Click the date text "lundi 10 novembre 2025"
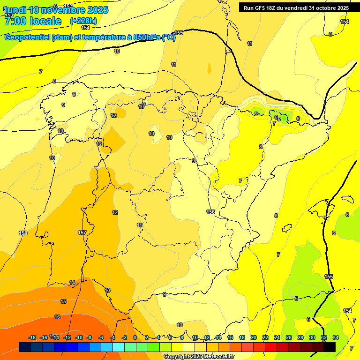pos(56,10)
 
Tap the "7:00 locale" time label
pos(33,21)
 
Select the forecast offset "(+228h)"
pos(83,21)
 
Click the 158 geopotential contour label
pos(23,233)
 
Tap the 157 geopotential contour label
pos(82,232)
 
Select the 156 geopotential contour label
pos(210,212)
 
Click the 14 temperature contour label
pos(72,283)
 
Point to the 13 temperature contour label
pos(107,290)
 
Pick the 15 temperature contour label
pos(64,301)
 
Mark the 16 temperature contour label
pos(57,317)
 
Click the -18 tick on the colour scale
pos(32,337)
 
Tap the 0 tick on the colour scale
pos(135,337)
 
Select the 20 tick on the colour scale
pos(254,337)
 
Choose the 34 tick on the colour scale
pos(336,337)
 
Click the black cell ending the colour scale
pos(330,347)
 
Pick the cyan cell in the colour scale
pos(119,347)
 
